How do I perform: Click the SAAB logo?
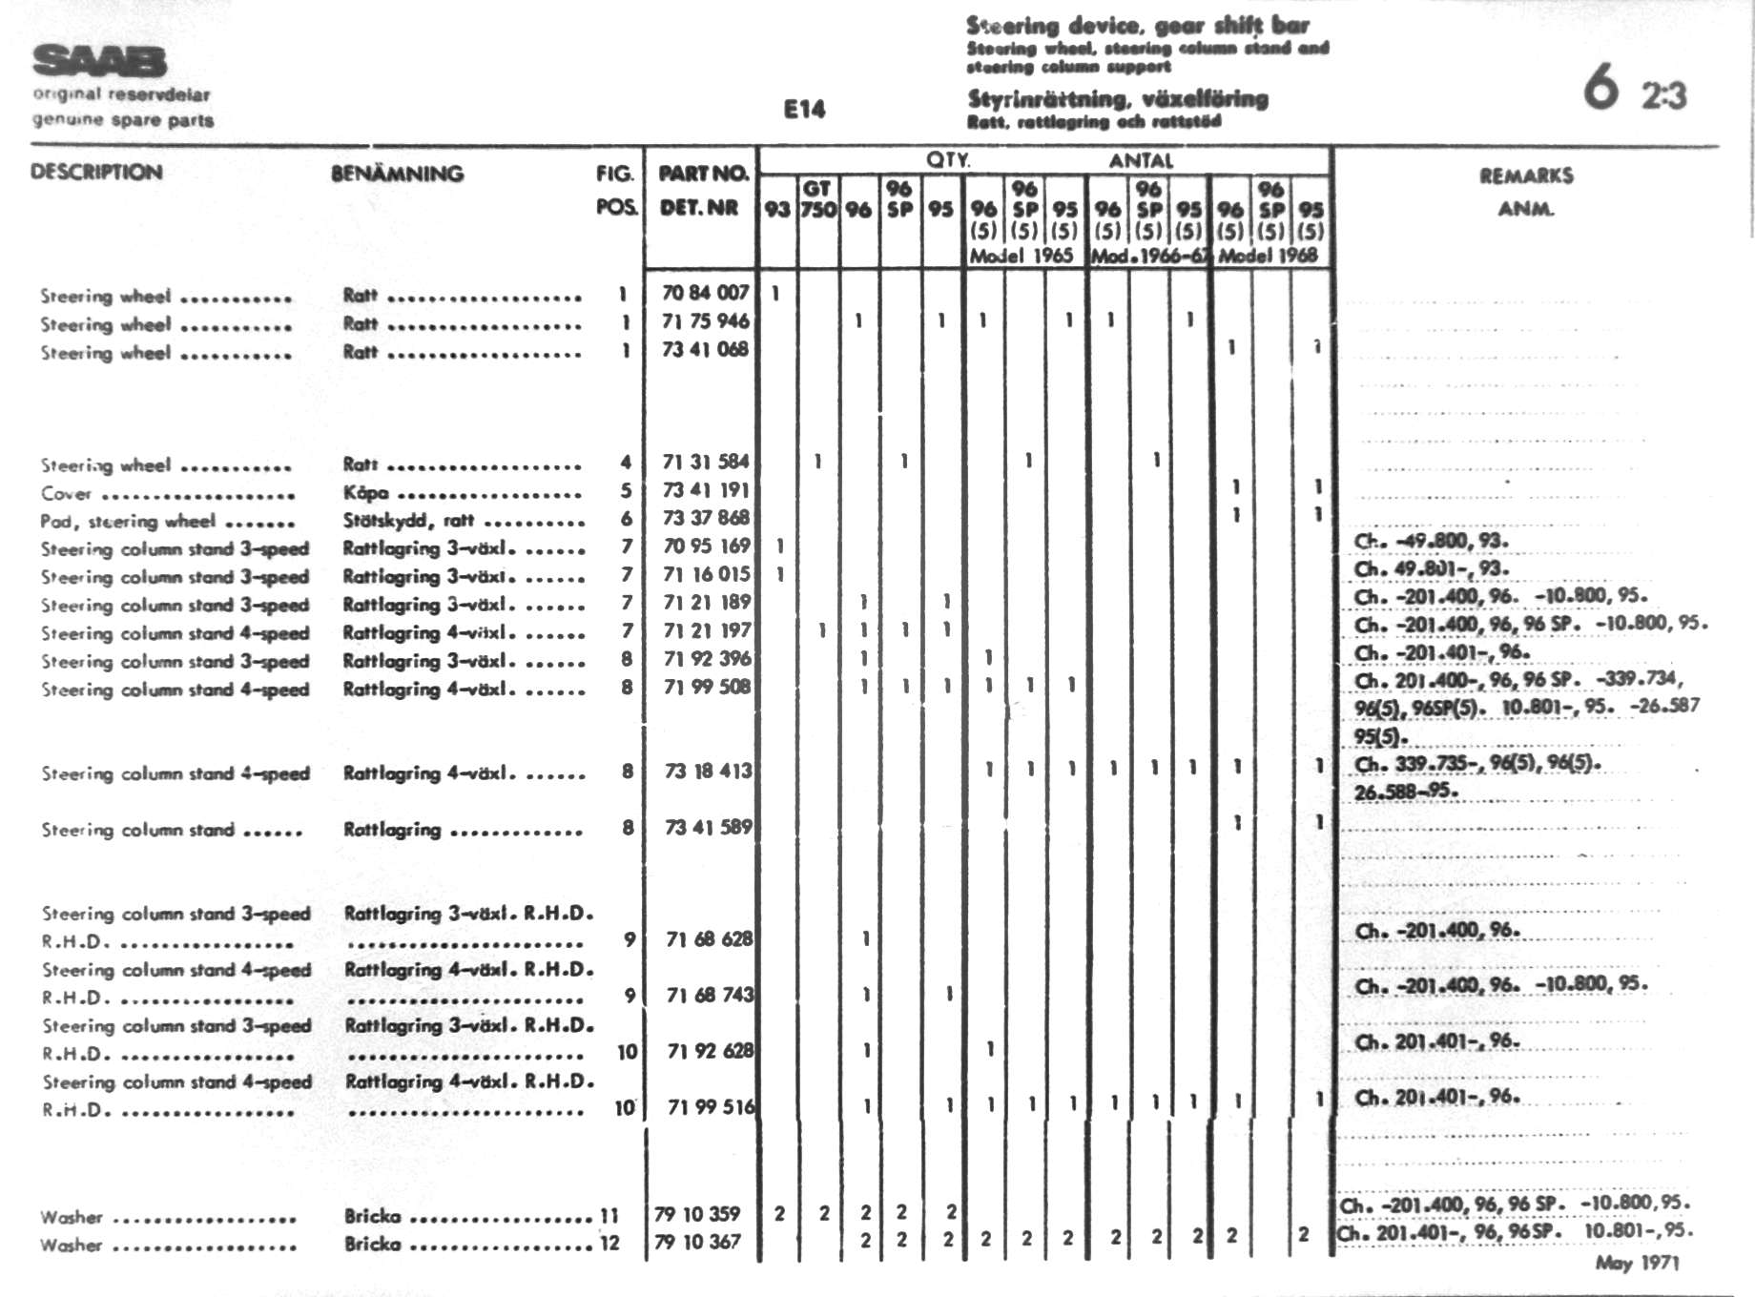click(99, 61)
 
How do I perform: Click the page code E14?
click(804, 110)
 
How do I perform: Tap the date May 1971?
click(1637, 1263)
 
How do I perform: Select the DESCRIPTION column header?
click(96, 172)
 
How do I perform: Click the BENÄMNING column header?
click(397, 174)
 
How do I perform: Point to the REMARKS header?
click(1526, 175)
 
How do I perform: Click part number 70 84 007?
click(705, 293)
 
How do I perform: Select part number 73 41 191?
click(705, 489)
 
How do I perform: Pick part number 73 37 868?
click(705, 518)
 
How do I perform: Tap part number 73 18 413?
click(708, 771)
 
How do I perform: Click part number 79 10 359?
click(697, 1214)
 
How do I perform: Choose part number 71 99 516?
click(711, 1106)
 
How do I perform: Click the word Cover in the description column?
click(66, 494)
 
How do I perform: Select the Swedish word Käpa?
click(365, 493)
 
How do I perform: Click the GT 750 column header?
click(817, 198)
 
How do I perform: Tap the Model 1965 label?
click(1021, 256)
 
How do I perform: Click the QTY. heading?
click(947, 160)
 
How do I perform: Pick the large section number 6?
click(1601, 87)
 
